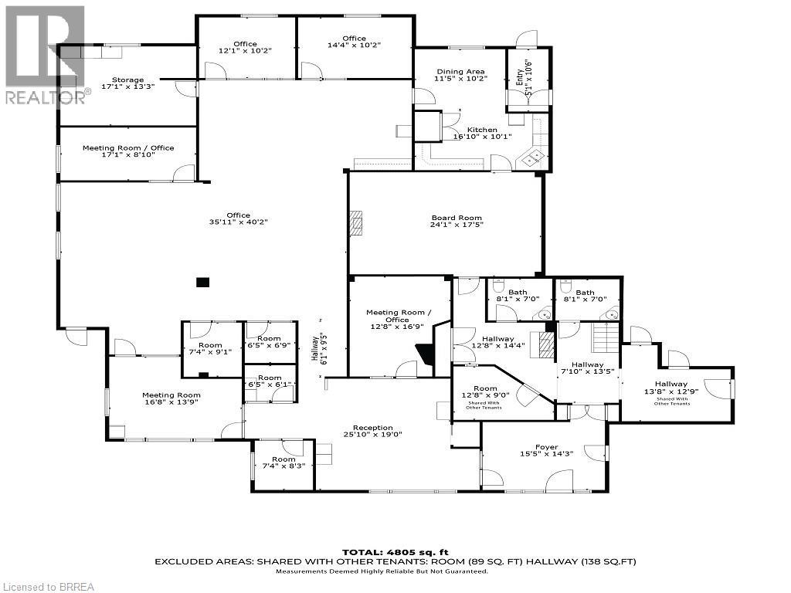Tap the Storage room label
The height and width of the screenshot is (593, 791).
tap(127, 80)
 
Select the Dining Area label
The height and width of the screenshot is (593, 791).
tap(460, 72)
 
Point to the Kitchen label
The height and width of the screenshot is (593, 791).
tap(481, 130)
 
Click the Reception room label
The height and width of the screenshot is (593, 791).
tap(373, 428)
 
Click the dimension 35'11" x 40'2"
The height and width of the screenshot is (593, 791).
tap(238, 222)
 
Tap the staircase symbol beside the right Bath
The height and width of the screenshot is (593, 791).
tap(606, 337)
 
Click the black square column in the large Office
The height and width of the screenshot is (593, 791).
tap(202, 283)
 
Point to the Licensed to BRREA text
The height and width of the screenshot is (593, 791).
tap(48, 587)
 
